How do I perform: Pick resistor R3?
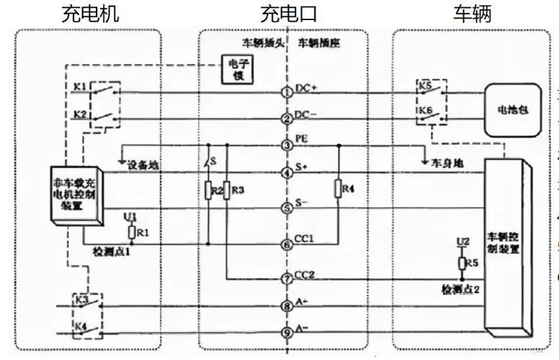(x=227, y=191)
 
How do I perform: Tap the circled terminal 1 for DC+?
(x=287, y=92)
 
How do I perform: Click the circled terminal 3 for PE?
(x=287, y=145)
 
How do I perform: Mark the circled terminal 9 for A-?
(x=287, y=332)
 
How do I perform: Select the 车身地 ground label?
(x=451, y=163)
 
